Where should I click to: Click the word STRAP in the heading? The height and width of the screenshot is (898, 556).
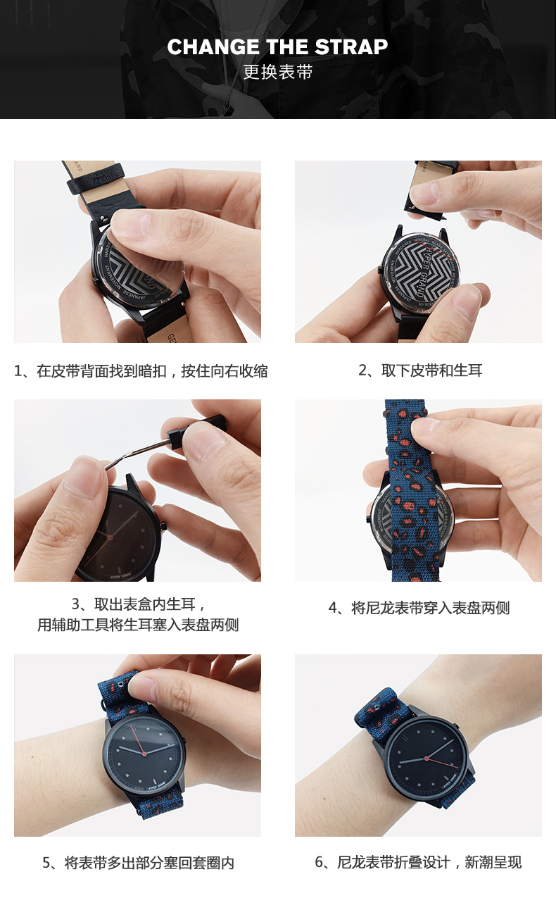click(x=351, y=47)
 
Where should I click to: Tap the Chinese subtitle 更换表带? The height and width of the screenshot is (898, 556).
click(x=277, y=72)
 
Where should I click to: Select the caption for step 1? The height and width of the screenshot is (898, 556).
click(x=141, y=371)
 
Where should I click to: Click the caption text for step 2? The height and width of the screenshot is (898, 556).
click(x=420, y=370)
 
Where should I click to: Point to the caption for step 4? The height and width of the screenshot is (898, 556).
click(x=419, y=608)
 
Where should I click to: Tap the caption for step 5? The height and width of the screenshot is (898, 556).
click(x=138, y=862)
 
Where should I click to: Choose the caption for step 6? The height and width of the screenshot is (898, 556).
click(x=418, y=862)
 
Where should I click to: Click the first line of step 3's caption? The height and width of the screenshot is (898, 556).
click(x=139, y=604)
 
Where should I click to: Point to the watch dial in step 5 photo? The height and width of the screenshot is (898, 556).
click(x=144, y=751)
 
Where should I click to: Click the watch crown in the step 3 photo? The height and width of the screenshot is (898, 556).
click(x=163, y=525)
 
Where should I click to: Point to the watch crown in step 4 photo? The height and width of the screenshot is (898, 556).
click(x=368, y=519)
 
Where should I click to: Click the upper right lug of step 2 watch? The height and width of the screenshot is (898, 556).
click(x=443, y=235)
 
